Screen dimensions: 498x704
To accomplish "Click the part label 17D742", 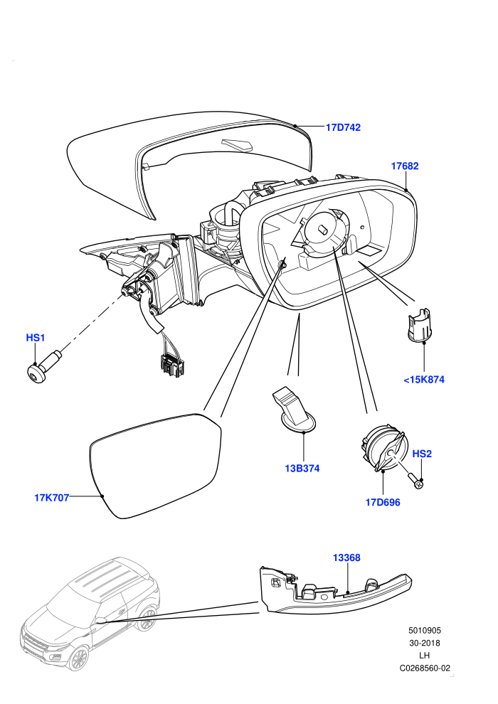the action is click(343, 127).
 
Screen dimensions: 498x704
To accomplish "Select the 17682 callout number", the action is click(405, 166).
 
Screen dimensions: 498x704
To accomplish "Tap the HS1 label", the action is click(36, 338).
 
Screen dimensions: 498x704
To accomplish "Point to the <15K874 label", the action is click(424, 380).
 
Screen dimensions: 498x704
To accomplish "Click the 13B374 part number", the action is click(302, 469).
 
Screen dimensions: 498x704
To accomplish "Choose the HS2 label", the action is click(422, 454).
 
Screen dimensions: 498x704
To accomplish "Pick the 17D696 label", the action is click(383, 503).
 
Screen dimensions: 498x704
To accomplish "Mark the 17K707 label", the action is click(52, 498).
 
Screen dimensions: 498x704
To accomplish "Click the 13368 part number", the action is click(346, 558).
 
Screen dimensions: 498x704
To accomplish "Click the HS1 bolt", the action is click(43, 364).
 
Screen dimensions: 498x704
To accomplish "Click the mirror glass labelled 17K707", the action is click(155, 466).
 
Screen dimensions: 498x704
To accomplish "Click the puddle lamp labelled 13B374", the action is click(293, 410).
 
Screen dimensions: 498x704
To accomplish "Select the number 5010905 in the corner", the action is click(424, 630).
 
